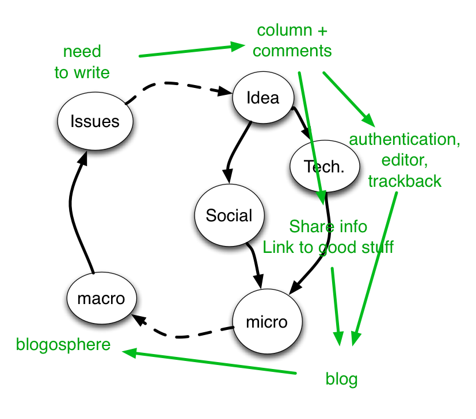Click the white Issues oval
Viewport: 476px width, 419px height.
coord(95,121)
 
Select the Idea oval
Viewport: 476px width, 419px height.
coord(263,98)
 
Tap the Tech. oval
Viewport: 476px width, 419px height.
coord(325,166)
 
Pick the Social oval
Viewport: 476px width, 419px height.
coord(229,216)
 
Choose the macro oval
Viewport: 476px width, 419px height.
coord(101,298)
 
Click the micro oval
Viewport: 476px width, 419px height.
coord(266,321)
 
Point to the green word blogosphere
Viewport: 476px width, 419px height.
coord(63,345)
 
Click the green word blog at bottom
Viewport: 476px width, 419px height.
coord(341,379)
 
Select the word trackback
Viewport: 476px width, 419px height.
coord(405,181)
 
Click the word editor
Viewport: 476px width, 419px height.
coord(405,160)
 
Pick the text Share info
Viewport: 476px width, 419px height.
coord(328,226)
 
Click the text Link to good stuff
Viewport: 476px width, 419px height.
coord(328,247)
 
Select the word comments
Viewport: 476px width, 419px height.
coord(292,51)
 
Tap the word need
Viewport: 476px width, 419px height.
coord(82,51)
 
